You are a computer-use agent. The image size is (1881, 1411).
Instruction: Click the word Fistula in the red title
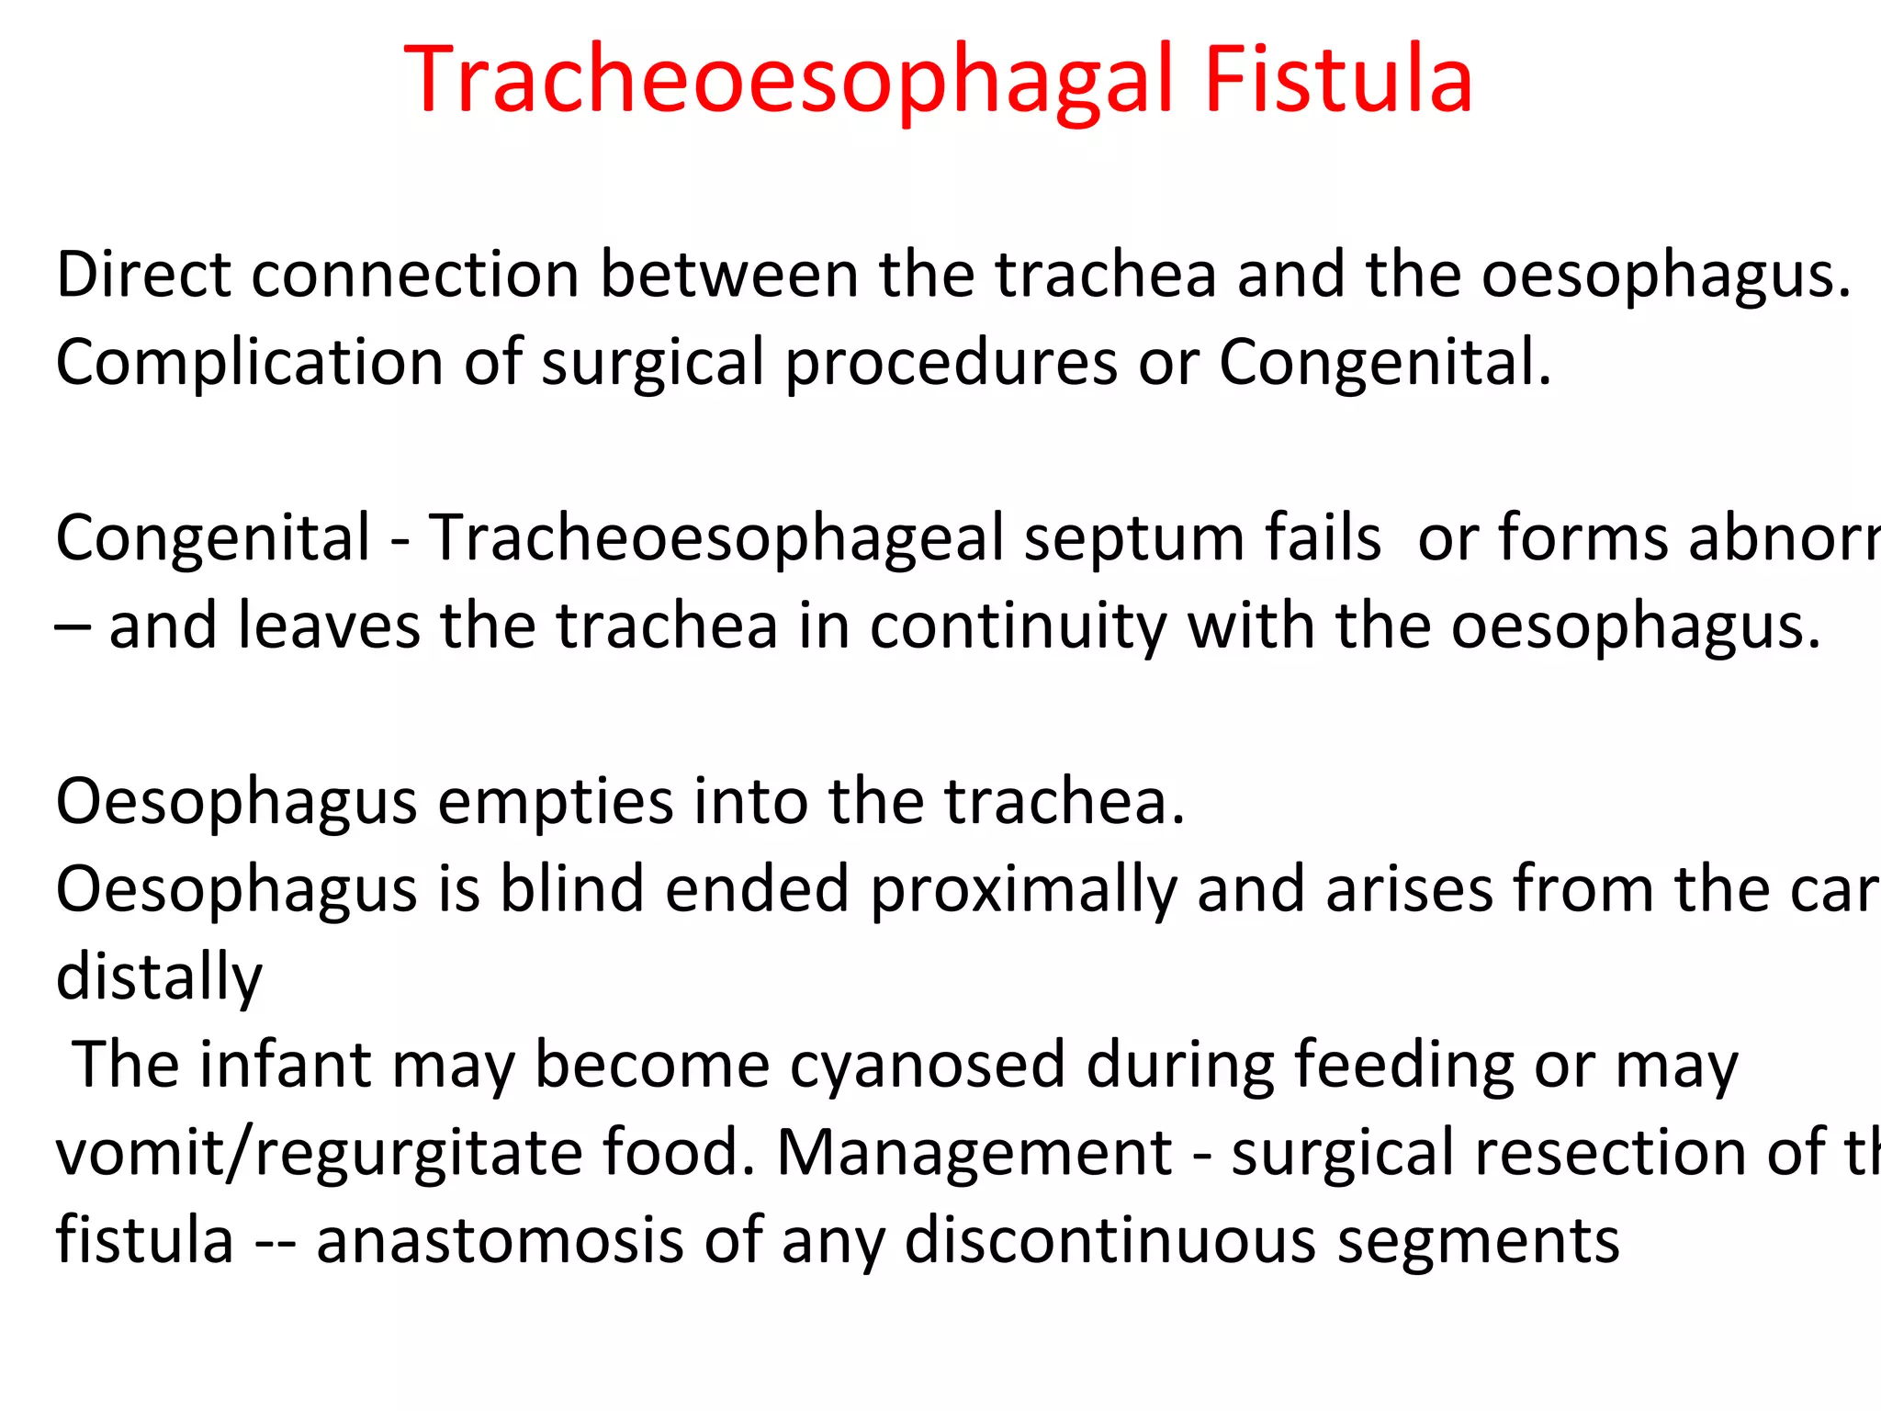1337,81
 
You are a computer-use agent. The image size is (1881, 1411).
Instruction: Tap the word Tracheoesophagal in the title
788,81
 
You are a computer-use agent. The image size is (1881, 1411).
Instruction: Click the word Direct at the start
142,275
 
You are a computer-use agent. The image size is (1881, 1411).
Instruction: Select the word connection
415,275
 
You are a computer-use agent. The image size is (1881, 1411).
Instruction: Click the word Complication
249,363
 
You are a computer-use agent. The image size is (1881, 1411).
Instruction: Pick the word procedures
951,363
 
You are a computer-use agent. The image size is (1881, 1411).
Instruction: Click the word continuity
1018,626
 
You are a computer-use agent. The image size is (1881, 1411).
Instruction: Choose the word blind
571,889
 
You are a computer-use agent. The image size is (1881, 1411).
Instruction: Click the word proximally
1022,891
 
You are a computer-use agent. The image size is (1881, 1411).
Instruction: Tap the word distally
159,977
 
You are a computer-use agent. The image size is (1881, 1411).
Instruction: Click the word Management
974,1153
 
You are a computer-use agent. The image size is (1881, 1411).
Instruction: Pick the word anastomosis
500,1240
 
